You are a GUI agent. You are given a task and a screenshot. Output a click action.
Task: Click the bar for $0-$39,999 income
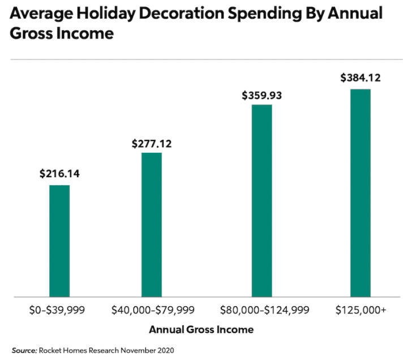59,241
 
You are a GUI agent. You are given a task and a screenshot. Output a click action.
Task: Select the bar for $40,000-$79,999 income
152,225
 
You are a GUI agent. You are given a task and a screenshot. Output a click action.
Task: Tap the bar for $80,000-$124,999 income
261,200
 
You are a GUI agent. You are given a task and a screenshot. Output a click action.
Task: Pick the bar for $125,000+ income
360,192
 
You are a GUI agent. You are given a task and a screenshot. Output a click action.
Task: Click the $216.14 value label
59,174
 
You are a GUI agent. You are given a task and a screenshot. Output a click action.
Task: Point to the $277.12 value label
152,144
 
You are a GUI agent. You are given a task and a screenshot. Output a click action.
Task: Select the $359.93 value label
261,95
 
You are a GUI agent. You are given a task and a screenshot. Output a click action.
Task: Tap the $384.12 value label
360,78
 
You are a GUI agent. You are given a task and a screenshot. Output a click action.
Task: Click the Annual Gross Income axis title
201,329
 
